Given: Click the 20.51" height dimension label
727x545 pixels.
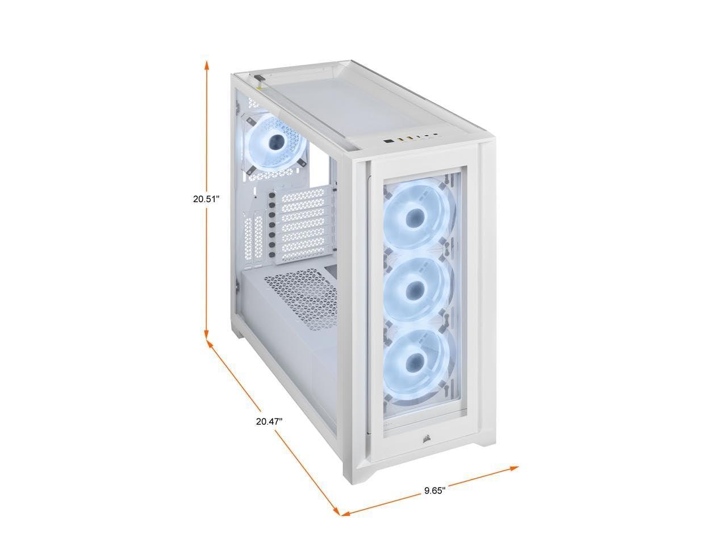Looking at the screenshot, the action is pyautogui.click(x=206, y=199).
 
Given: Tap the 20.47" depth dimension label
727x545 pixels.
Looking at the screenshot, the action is pyautogui.click(x=269, y=422).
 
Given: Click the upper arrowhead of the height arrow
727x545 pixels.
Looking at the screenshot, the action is pyautogui.click(x=206, y=65).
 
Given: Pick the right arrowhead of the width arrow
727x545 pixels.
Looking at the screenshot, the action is pyautogui.click(x=513, y=468).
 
